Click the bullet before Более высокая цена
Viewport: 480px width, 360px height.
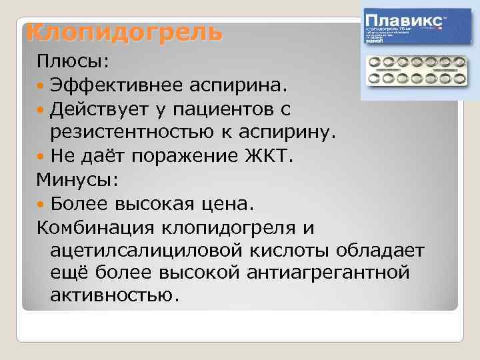coord(42,203)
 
